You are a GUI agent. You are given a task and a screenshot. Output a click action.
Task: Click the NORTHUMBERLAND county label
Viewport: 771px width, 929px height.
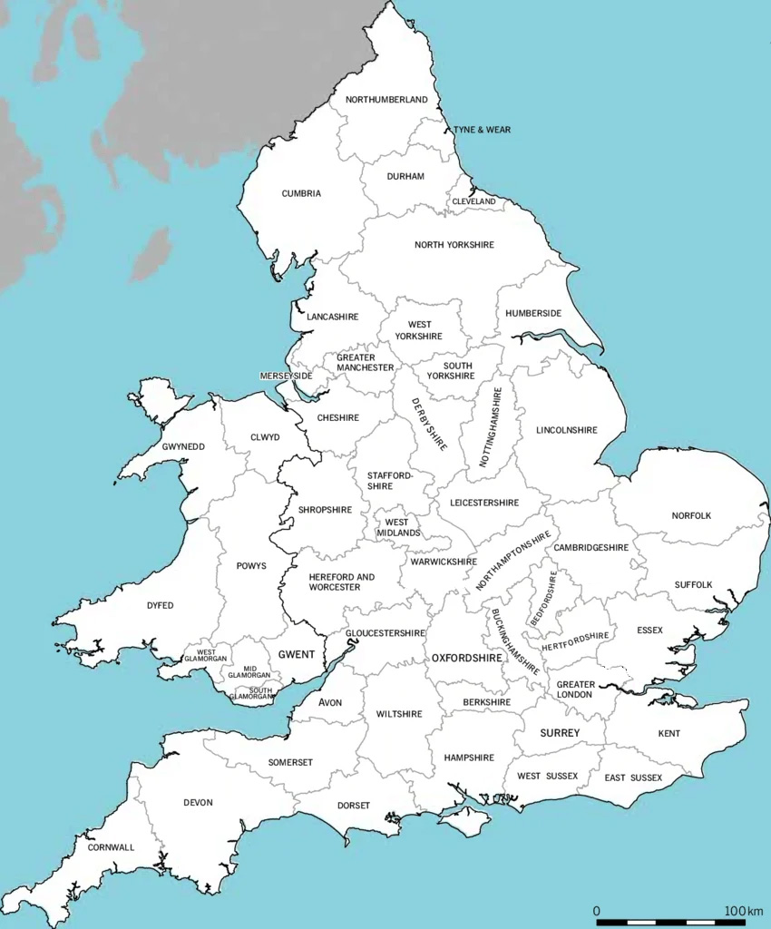coord(386,100)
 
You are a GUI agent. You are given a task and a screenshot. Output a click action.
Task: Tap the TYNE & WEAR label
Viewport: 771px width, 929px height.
coord(482,130)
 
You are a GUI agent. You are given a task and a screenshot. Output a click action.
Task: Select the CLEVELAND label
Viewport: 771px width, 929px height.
coord(474,200)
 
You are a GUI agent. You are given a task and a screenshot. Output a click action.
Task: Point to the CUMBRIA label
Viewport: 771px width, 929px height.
coord(301,193)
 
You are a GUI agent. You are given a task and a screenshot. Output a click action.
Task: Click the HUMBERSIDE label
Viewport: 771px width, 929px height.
coord(533,313)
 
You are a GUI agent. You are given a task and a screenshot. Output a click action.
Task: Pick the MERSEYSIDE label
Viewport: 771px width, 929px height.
coord(286,376)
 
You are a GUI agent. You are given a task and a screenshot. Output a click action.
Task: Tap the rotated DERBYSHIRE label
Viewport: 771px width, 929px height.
coord(429,424)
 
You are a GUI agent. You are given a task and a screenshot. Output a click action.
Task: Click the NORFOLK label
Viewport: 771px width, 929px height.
coord(691,515)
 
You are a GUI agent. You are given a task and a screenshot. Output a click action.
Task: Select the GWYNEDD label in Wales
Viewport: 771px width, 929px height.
coord(183,447)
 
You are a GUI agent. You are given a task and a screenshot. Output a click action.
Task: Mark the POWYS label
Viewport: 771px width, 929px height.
coord(251,565)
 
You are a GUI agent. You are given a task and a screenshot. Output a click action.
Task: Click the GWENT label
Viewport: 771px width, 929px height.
coord(297,654)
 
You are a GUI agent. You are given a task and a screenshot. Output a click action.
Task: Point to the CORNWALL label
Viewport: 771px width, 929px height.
coord(111,847)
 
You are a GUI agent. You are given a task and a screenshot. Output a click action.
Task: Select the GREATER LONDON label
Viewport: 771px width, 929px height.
coord(576,689)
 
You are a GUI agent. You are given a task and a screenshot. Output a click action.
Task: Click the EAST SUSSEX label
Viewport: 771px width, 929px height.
coord(633,777)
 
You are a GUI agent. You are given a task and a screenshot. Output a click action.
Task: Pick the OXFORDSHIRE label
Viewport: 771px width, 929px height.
coord(466,657)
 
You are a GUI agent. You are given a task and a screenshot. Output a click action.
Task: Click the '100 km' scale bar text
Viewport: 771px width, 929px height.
coord(743,910)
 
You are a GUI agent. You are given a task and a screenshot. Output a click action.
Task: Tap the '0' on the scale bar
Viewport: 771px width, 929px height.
coord(596,910)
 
